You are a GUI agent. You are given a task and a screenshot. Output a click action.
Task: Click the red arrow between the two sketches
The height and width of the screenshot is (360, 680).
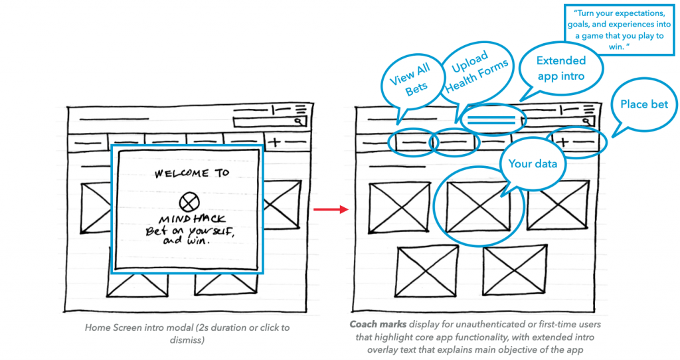click(339, 210)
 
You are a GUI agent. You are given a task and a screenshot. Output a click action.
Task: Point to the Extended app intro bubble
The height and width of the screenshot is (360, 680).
click(561, 68)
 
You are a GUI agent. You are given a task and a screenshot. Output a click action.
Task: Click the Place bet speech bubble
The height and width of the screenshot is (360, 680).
click(643, 104)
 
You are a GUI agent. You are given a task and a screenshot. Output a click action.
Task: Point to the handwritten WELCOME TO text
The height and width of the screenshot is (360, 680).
click(192, 173)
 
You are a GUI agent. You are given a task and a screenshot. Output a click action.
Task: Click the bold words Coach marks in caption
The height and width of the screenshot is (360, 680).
click(373, 325)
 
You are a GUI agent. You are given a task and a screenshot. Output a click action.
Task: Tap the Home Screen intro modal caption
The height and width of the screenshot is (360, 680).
click(187, 333)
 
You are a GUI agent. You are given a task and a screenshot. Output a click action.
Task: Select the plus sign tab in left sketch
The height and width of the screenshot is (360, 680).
click(274, 141)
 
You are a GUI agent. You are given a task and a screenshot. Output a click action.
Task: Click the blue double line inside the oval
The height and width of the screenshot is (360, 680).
click(491, 120)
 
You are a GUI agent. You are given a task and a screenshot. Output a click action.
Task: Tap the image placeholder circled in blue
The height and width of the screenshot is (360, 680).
click(477, 205)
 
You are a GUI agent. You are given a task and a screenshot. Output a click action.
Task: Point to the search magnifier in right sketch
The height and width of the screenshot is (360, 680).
click(586, 122)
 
